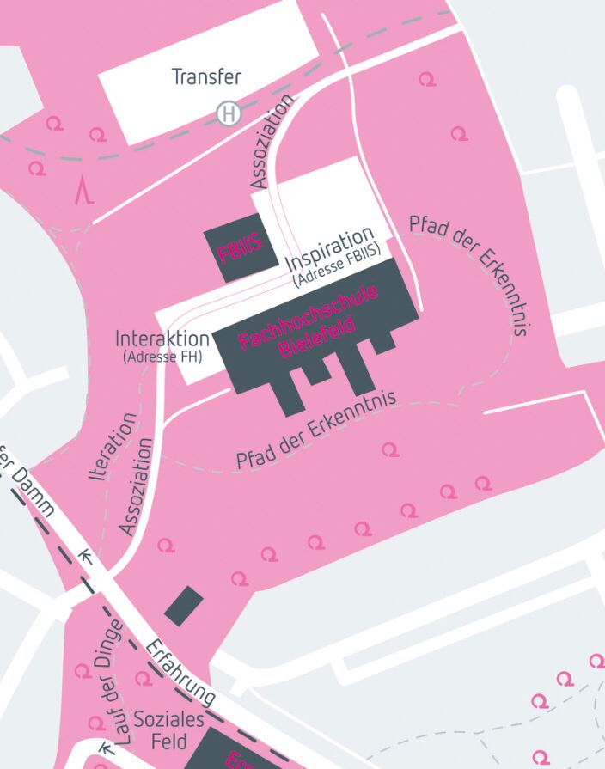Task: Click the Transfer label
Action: [206, 76]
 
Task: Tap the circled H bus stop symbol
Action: [229, 113]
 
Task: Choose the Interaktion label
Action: [162, 339]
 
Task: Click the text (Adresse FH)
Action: [162, 356]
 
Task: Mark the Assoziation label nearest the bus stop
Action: [273, 141]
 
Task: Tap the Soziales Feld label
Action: [168, 729]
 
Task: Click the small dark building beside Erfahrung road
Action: [184, 606]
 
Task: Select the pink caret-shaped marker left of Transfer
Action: [83, 190]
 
